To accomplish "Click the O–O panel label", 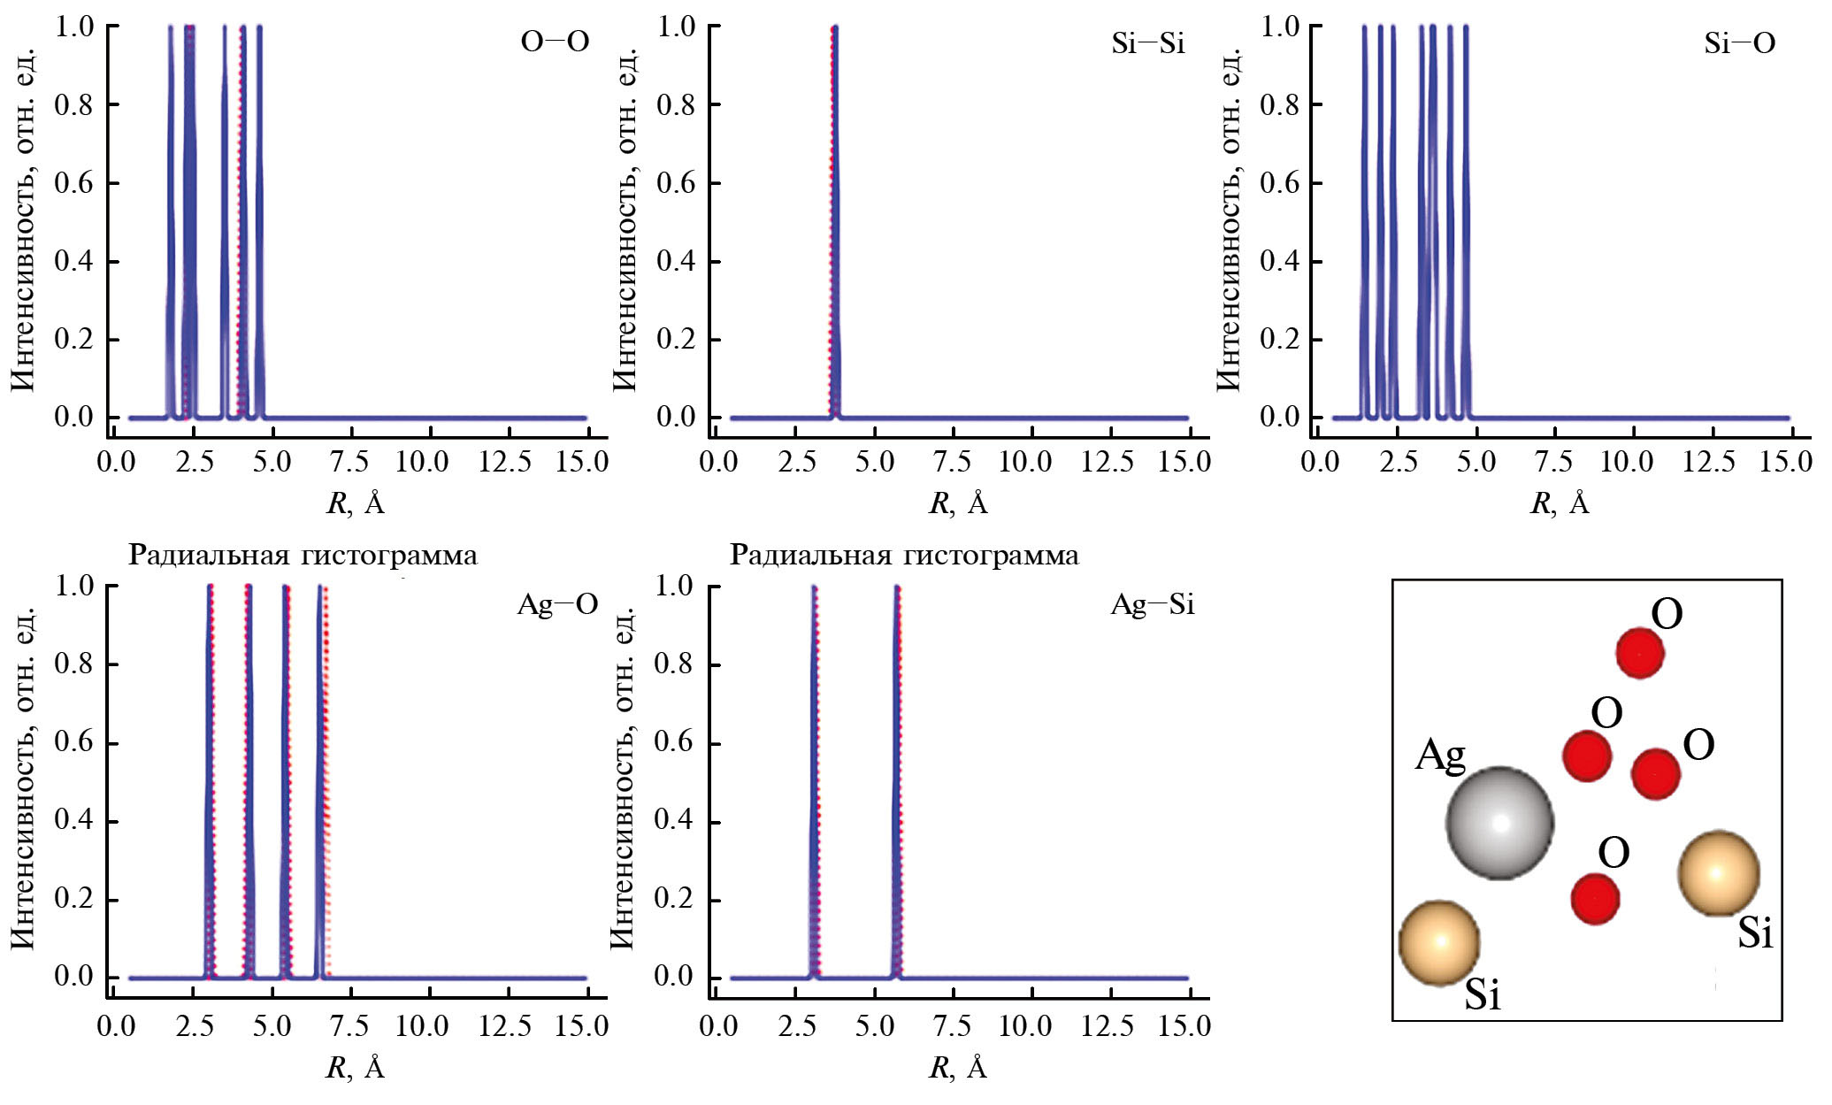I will click(555, 42).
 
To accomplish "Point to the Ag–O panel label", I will click(557, 604).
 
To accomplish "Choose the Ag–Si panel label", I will click(1152, 604).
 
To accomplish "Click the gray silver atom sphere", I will click(1499, 822).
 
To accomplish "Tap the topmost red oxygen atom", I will click(1640, 653).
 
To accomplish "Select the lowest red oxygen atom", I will click(1595, 899).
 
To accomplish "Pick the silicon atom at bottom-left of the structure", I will click(1439, 943).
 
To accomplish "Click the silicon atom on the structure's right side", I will click(1718, 873).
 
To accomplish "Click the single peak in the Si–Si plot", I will click(833, 221).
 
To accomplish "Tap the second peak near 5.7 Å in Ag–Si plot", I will click(897, 779).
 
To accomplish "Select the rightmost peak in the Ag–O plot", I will click(320, 779).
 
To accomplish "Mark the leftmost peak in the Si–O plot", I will click(1364, 221).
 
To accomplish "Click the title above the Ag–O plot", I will click(303, 556).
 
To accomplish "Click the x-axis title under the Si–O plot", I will click(1560, 503).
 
